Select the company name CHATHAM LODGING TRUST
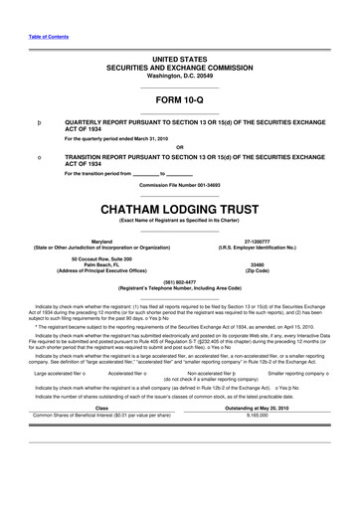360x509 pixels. [179, 210]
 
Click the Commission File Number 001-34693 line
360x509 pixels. [179, 186]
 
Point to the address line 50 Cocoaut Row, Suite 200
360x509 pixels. [101, 258]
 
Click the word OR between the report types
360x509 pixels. [179, 148]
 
